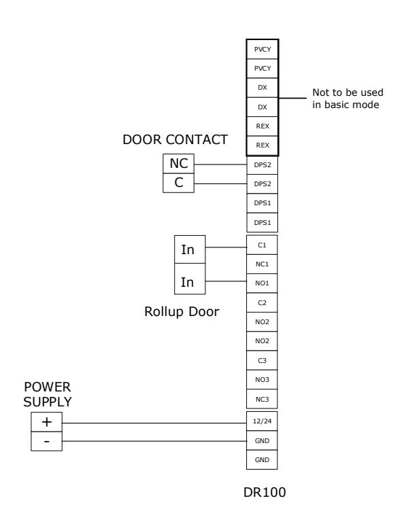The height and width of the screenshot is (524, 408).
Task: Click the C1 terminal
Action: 262,245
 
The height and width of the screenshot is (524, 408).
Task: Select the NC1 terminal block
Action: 262,264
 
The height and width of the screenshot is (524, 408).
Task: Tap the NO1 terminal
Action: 262,283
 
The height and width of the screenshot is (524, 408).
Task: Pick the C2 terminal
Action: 262,302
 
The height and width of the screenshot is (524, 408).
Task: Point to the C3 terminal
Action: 262,360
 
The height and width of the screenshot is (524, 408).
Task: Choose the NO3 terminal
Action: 262,380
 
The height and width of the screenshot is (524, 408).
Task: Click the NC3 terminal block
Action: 262,399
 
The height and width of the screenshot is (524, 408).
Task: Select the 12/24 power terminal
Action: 262,421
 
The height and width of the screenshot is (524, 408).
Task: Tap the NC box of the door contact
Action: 179,163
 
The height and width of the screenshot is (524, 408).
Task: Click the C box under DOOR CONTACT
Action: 179,183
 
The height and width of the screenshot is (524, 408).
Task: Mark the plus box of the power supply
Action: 46,422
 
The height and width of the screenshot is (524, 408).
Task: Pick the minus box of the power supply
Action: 46,441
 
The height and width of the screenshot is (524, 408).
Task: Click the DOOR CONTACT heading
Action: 175,140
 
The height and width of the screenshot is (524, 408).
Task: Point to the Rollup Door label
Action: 182,311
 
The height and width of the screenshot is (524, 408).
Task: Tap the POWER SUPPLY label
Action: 48,394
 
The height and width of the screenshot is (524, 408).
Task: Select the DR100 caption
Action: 265,492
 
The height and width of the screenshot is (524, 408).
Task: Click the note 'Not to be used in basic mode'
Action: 347,99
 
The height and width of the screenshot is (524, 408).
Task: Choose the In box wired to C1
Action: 190,249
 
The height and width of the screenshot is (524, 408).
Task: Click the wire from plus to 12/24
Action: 154,423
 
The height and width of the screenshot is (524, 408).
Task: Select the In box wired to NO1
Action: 190,279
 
